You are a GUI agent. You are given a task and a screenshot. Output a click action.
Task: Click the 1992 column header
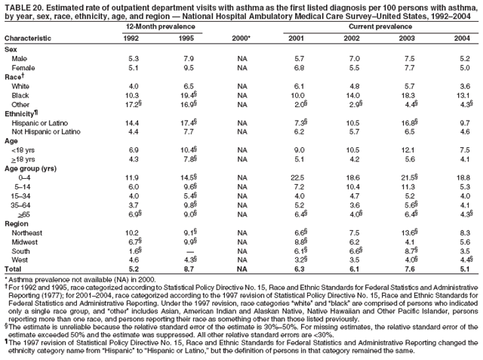[134, 37]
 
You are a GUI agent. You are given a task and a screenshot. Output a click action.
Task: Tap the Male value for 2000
[241, 58]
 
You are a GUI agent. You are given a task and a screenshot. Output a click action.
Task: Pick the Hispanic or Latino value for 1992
[134, 122]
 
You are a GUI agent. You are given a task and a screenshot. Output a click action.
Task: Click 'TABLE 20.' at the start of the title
[22, 6]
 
